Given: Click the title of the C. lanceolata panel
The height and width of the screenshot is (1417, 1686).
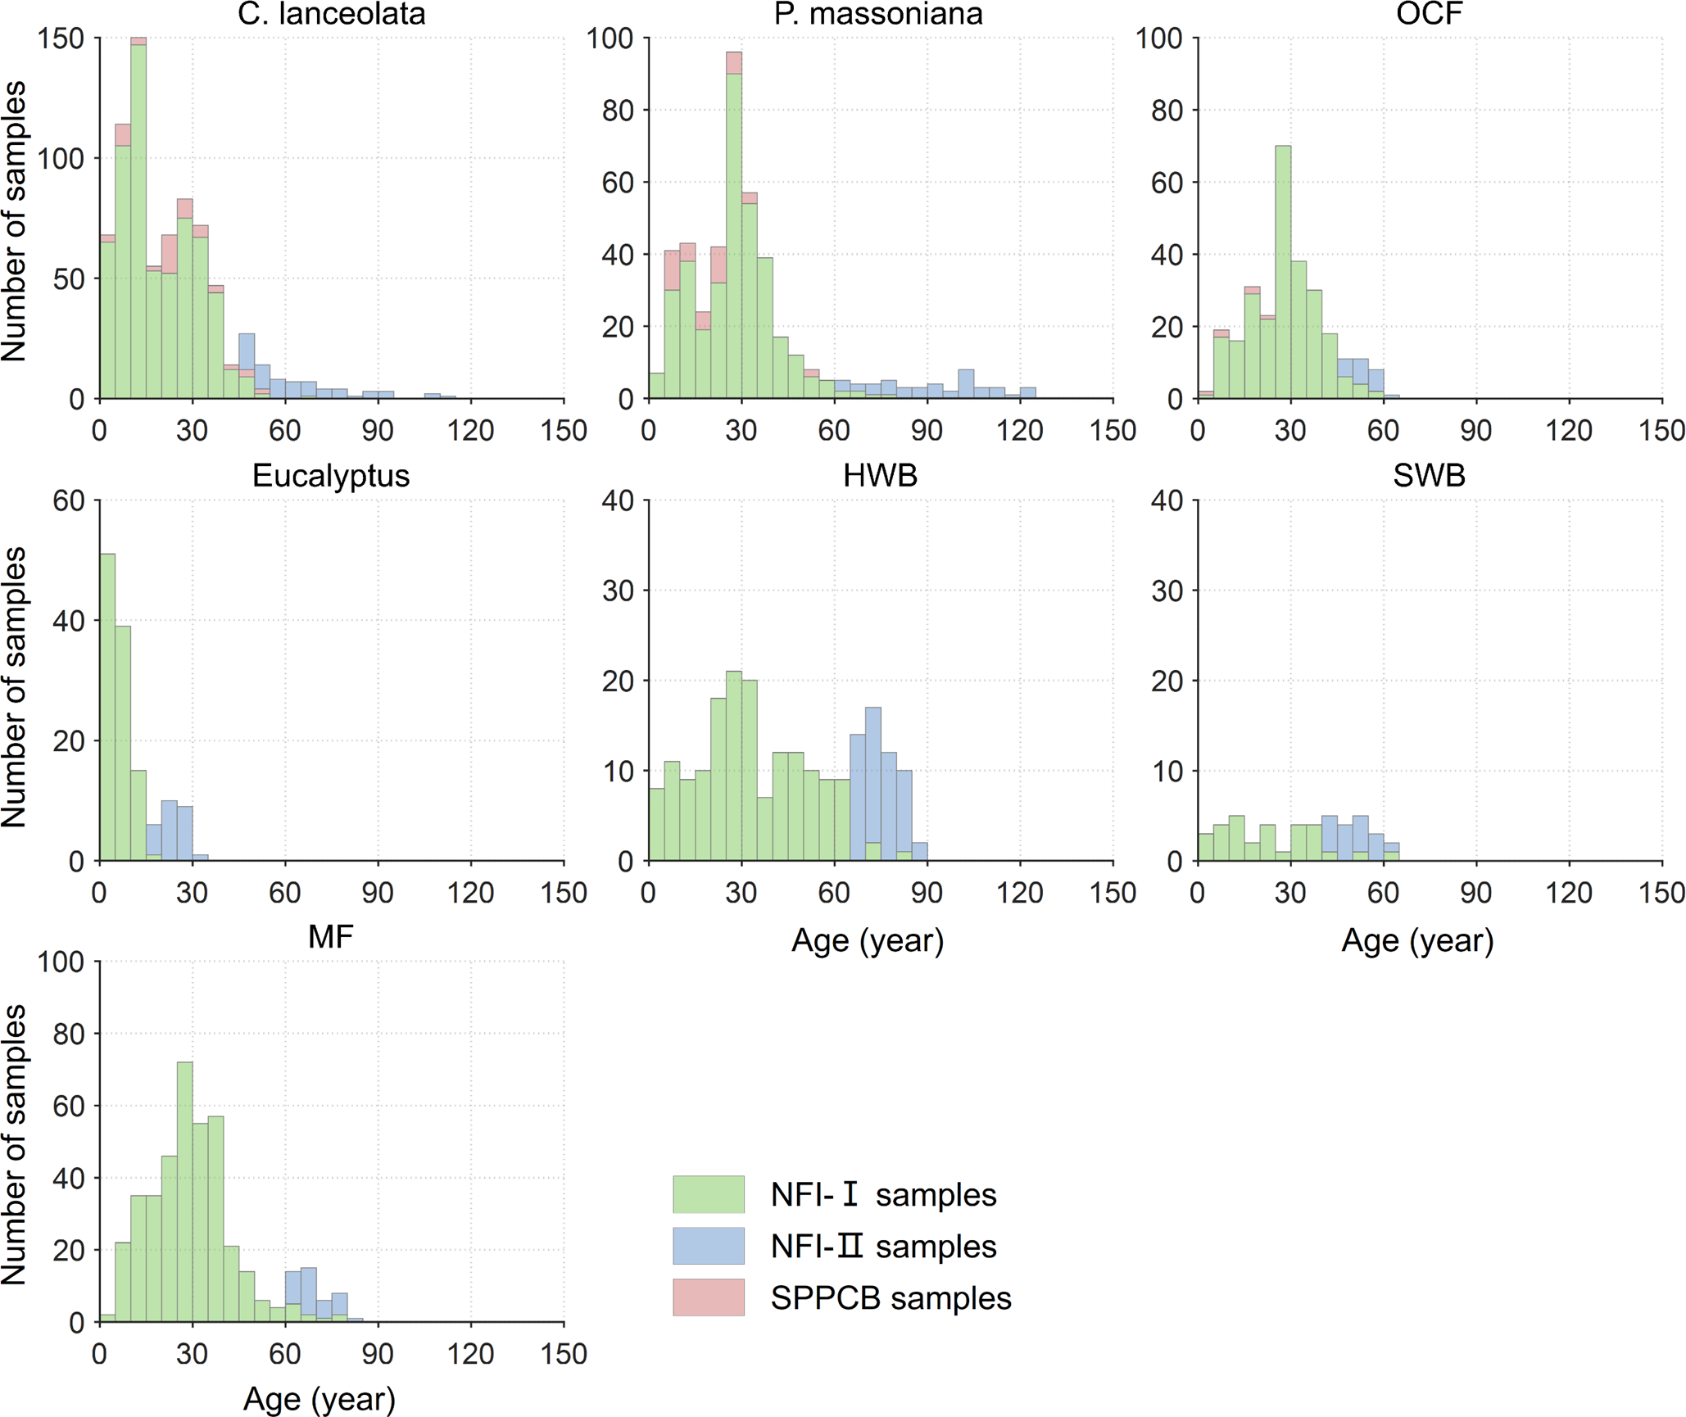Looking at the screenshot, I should tap(331, 14).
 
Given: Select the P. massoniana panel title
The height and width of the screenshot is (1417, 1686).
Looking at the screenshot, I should tap(878, 14).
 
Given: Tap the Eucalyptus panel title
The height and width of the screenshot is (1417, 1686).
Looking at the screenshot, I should tap(331, 476).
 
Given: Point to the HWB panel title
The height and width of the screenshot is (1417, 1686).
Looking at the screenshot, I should tap(880, 476).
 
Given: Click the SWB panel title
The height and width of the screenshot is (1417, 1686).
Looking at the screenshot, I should tap(1429, 476).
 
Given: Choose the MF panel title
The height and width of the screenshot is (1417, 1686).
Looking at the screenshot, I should tap(331, 937).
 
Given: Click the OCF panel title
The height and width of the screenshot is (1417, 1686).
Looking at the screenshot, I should tap(1429, 14).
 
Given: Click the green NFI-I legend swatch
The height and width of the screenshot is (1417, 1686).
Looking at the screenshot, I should tap(708, 1194).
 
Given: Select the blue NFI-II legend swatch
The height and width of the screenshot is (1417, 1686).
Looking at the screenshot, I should tap(708, 1246).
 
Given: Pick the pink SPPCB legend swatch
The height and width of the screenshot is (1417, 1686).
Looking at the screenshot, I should tap(708, 1297).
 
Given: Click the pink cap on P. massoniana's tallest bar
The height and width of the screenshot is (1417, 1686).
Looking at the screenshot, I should tap(734, 63).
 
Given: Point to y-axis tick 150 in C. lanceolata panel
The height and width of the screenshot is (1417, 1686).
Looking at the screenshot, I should tap(61, 38).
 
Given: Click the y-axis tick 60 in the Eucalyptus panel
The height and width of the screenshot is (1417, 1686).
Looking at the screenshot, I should tap(69, 500).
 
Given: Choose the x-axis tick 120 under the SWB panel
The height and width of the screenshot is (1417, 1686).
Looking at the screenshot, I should tap(1568, 892).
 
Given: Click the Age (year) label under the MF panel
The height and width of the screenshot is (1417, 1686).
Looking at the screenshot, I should tap(320, 1399).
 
